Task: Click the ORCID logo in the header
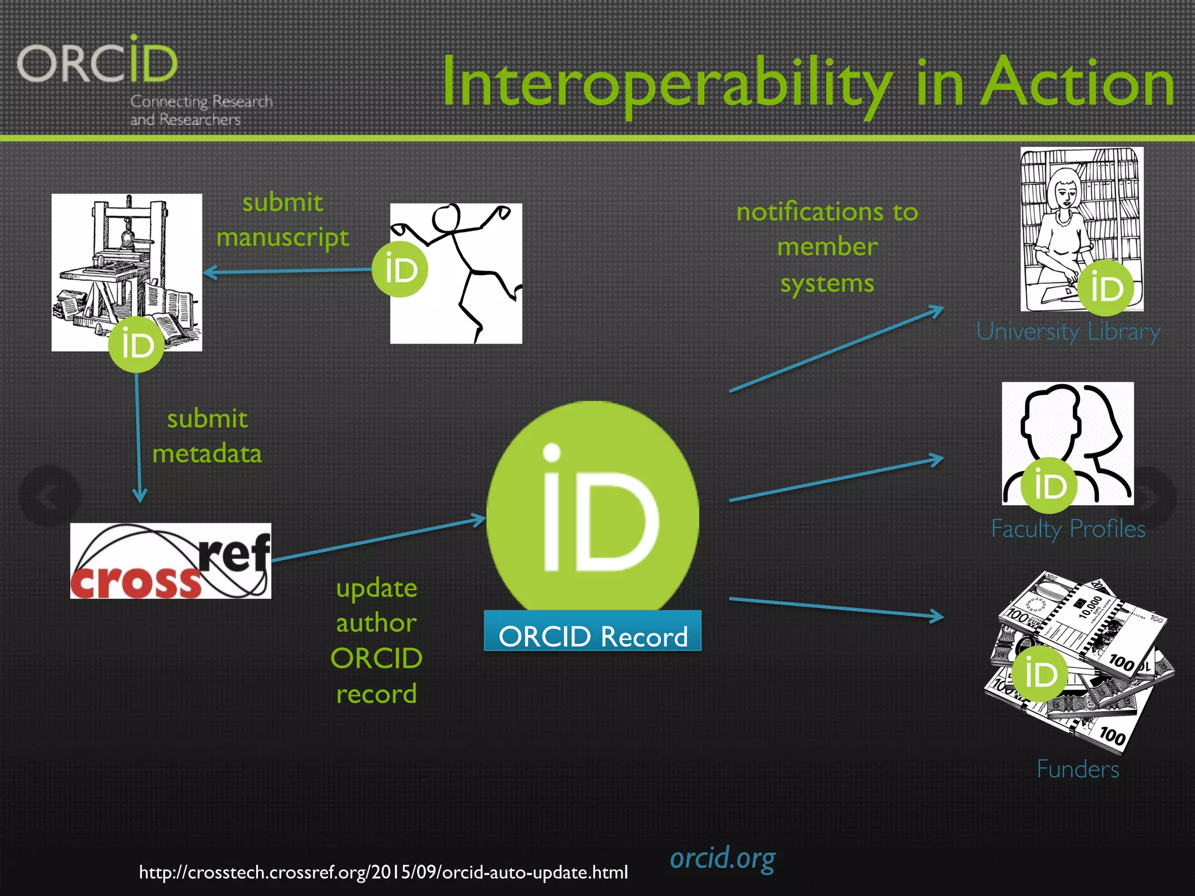(x=97, y=62)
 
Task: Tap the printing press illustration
(x=127, y=262)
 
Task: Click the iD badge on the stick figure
(x=400, y=269)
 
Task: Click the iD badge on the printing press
(x=137, y=344)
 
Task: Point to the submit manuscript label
(x=282, y=220)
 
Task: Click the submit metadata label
(x=207, y=436)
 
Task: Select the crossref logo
(x=170, y=561)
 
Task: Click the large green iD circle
(x=592, y=508)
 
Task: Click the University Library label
(x=1068, y=332)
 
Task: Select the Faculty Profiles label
(x=1068, y=529)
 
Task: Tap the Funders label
(x=1078, y=769)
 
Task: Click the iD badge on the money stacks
(x=1041, y=674)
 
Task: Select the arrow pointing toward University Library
(x=836, y=349)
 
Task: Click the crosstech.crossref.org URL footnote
(x=383, y=873)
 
